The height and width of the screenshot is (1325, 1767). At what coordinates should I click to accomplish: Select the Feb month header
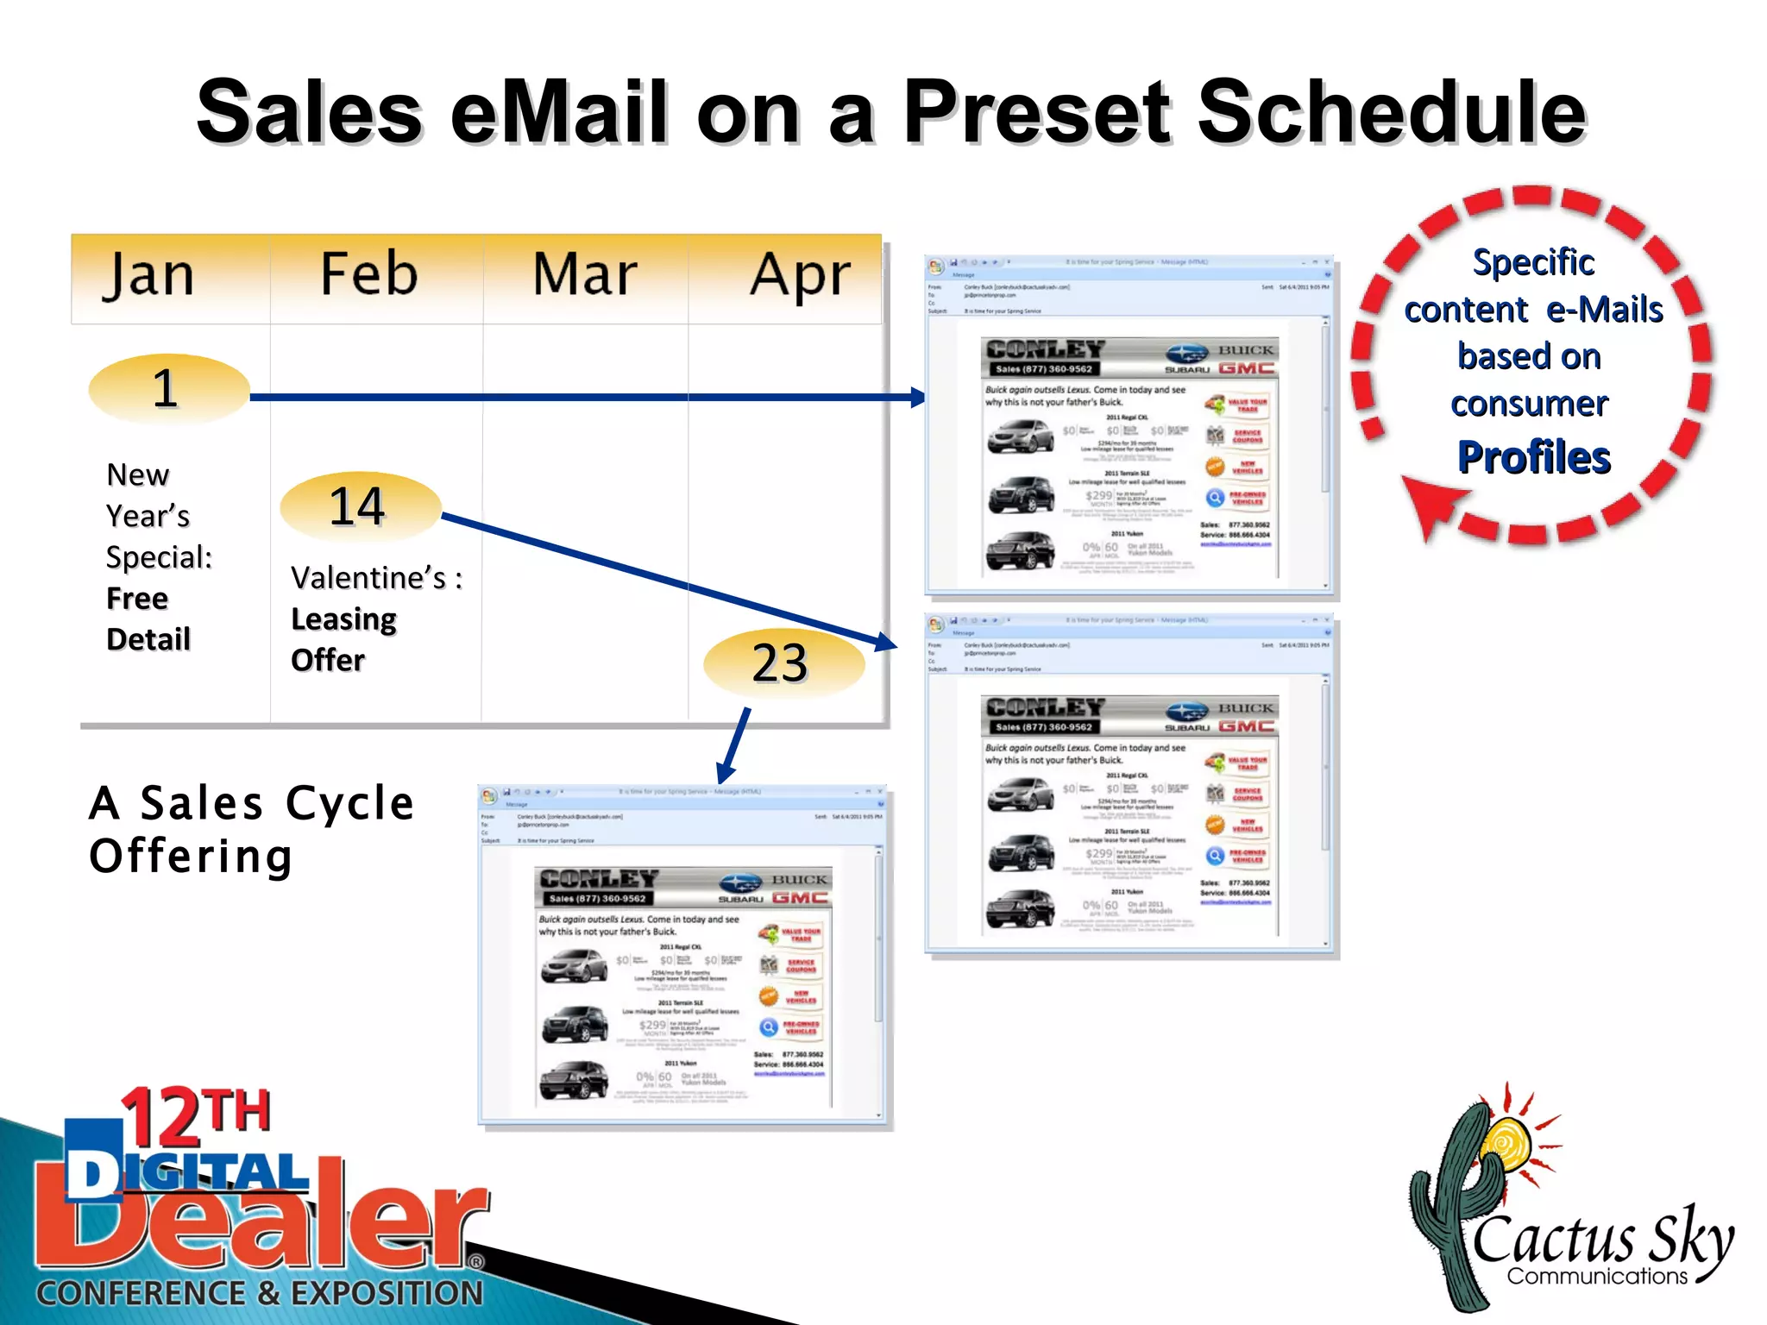[x=369, y=274]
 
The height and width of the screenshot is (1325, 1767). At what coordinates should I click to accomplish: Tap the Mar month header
[x=585, y=274]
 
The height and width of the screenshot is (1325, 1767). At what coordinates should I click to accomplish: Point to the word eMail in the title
[x=559, y=112]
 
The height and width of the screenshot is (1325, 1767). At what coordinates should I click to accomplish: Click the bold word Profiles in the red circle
[x=1533, y=457]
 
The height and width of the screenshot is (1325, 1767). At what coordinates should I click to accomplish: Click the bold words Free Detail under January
[x=148, y=619]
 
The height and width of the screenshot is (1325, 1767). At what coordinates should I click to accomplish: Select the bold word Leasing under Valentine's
[x=343, y=619]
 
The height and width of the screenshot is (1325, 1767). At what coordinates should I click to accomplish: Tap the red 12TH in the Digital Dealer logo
[x=197, y=1115]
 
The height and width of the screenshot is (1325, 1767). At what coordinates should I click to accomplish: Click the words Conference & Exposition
[x=259, y=1293]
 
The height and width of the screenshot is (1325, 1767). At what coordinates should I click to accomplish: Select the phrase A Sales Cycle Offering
[x=251, y=829]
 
